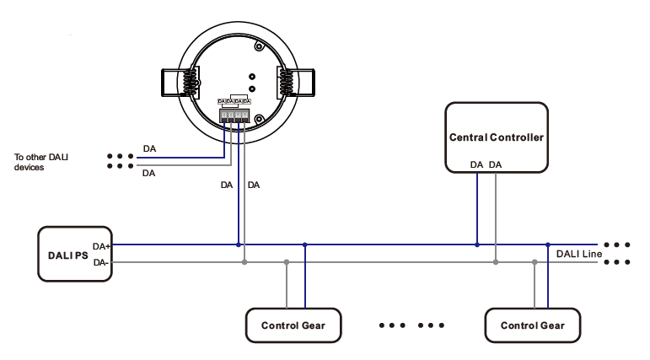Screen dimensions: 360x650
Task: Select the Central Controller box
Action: [x=497, y=137]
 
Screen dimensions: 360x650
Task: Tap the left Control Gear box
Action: [x=293, y=325]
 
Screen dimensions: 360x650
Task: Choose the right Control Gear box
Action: [x=533, y=325]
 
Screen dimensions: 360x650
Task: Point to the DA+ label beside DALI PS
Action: [x=102, y=246]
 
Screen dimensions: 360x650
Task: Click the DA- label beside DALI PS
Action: [x=101, y=262]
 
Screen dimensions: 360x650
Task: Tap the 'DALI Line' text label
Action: [x=578, y=254]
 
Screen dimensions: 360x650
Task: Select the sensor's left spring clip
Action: [x=180, y=82]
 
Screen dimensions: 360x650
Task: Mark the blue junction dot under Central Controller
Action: [x=476, y=245]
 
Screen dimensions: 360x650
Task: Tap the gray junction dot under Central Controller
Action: [x=496, y=262]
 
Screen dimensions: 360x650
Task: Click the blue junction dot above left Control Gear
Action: [x=304, y=245]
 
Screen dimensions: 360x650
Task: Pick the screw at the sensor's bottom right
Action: [x=260, y=119]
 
